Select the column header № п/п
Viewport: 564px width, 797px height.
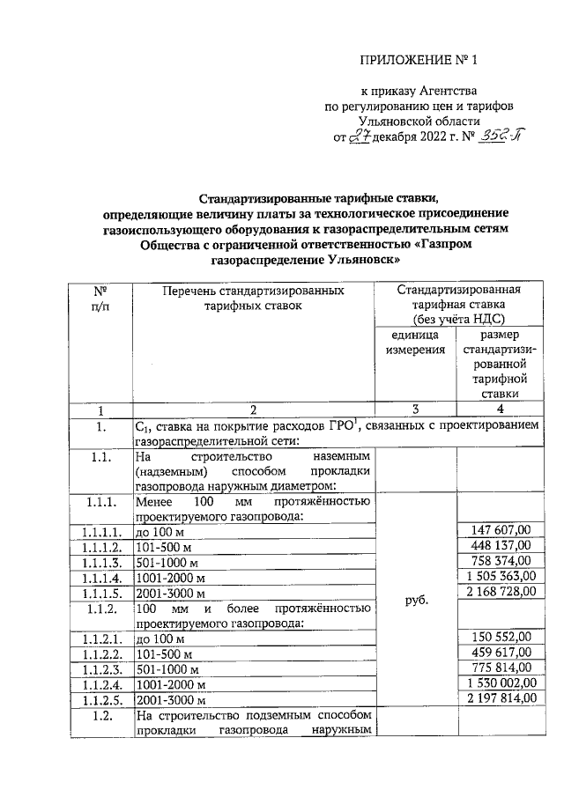pos(101,297)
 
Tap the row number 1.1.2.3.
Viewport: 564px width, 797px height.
pos(101,668)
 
